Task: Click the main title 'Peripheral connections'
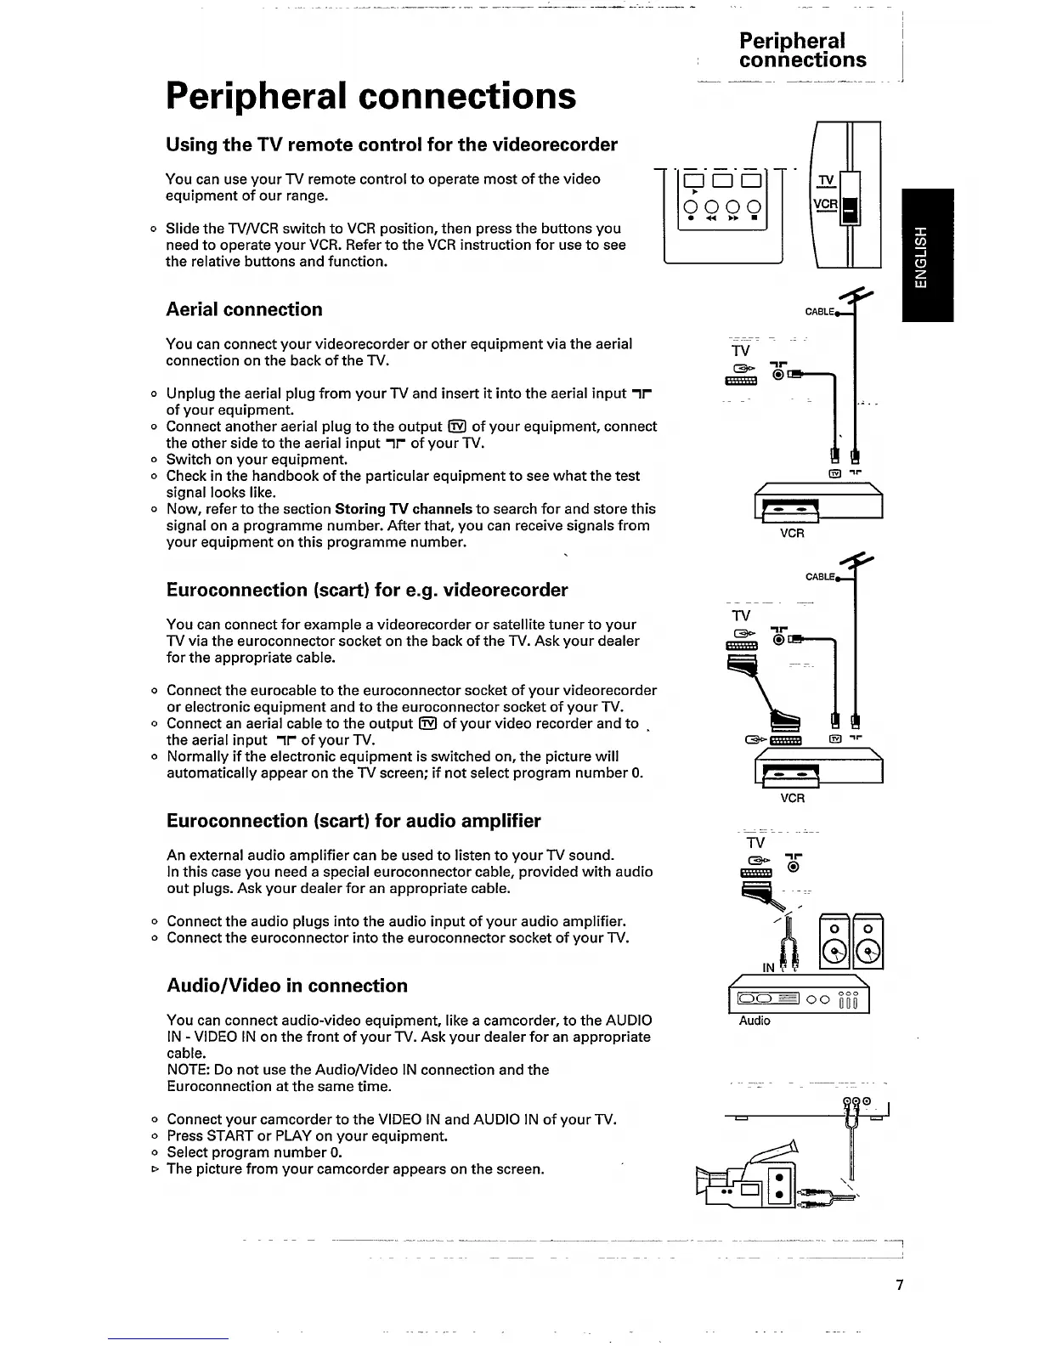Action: (370, 96)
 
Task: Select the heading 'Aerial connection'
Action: (244, 309)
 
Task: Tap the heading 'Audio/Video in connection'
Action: (287, 986)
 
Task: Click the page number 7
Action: (900, 1285)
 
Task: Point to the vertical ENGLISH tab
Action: (928, 255)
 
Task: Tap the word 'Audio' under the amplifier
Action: (755, 1021)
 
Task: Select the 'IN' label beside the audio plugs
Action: (768, 968)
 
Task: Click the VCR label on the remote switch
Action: (825, 205)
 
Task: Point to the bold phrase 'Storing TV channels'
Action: (404, 509)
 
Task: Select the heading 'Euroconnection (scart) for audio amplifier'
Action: (353, 821)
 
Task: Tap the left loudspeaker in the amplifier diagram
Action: (834, 941)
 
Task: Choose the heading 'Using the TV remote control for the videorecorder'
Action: (392, 144)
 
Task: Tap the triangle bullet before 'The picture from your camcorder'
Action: (154, 1169)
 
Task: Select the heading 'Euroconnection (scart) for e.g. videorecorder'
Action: (367, 590)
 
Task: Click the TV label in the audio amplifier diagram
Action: (755, 842)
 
